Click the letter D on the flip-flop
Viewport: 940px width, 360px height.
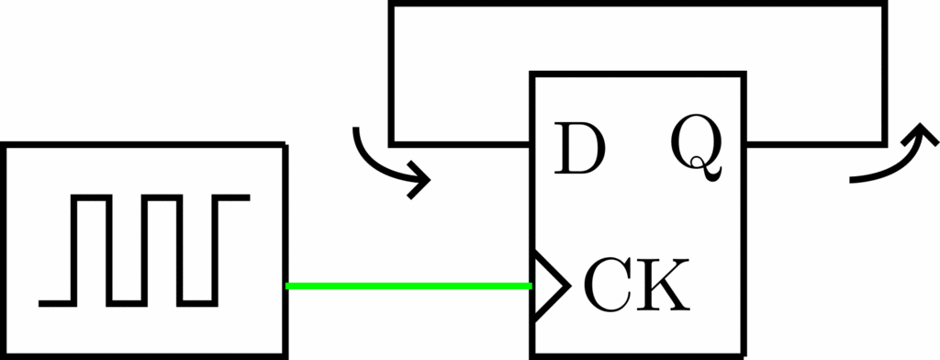[579, 148]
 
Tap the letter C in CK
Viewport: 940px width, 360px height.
[608, 285]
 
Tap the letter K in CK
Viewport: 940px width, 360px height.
[664, 285]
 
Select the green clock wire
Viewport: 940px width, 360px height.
[408, 286]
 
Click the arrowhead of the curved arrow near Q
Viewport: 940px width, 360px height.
[920, 134]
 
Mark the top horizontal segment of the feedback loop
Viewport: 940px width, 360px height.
[638, 4]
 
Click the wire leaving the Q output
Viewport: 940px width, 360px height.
[814, 144]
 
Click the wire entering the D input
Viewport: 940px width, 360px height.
[461, 144]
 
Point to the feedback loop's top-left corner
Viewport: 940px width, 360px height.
[391, 4]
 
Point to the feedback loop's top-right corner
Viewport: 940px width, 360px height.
[885, 4]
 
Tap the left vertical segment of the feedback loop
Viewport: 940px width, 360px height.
[391, 73]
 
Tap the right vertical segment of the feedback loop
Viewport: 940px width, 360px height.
[885, 73]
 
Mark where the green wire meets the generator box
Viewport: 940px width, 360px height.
[286, 286]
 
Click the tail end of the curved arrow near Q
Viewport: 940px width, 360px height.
[851, 180]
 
